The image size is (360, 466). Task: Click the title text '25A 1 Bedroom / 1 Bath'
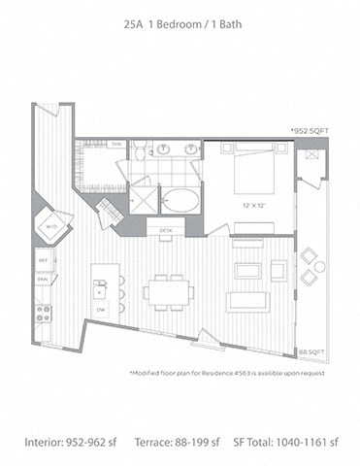click(180, 31)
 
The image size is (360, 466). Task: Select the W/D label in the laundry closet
click(50, 227)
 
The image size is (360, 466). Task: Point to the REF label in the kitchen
click(44, 260)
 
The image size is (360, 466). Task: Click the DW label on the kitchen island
click(101, 309)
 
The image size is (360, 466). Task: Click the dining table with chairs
click(168, 290)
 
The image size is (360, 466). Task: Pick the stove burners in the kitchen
click(44, 313)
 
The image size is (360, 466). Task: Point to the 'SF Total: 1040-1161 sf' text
click(288, 442)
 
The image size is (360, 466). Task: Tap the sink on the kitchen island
click(100, 286)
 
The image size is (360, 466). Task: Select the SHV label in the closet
click(116, 145)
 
